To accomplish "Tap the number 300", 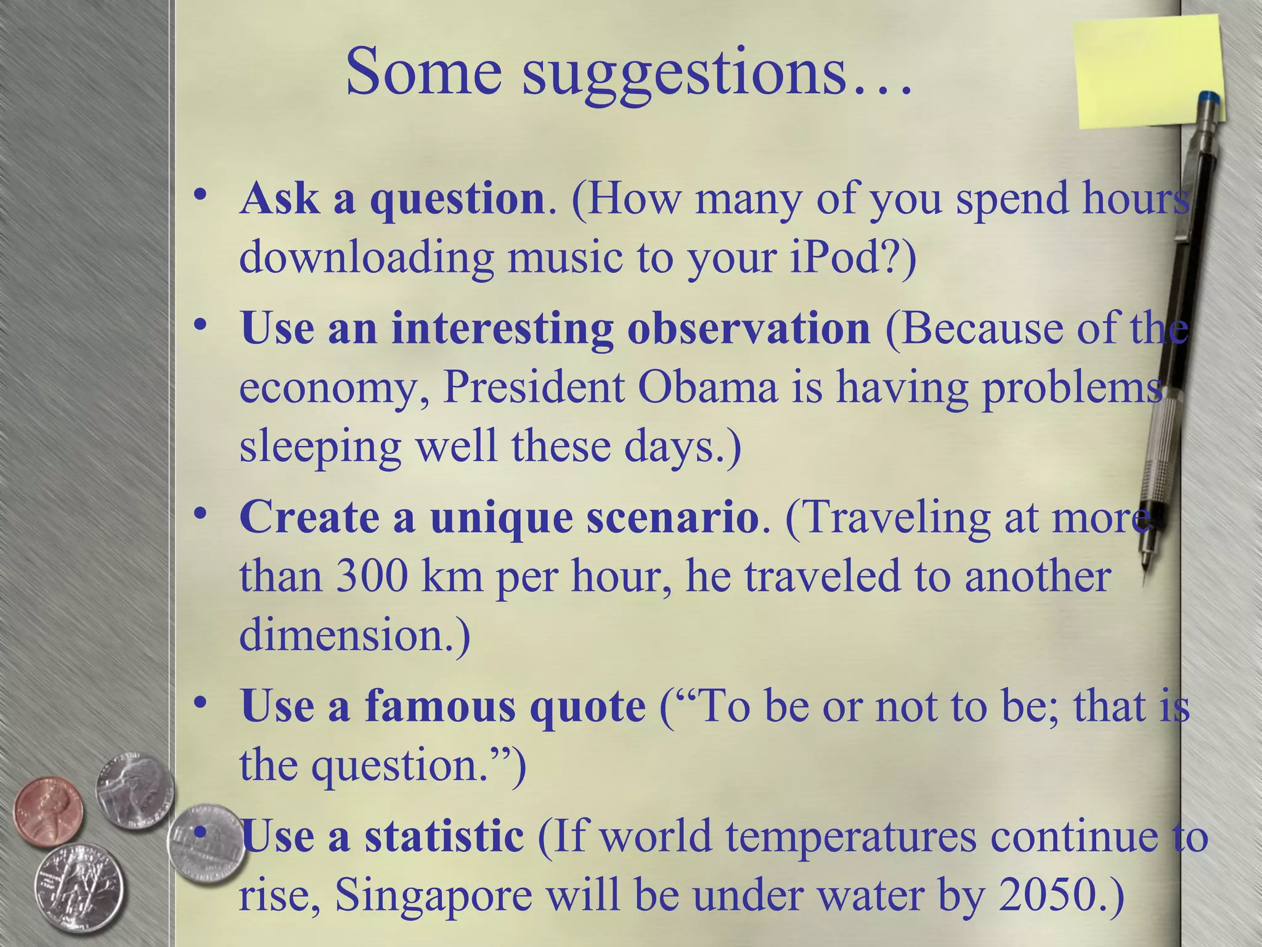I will (x=372, y=577).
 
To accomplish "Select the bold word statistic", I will (x=444, y=837).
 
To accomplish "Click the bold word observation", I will (x=748, y=328).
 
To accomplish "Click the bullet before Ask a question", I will (x=198, y=196).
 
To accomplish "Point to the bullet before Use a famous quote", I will (x=198, y=703).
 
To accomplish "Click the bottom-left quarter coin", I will (x=78, y=888).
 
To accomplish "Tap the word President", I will (x=534, y=388).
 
